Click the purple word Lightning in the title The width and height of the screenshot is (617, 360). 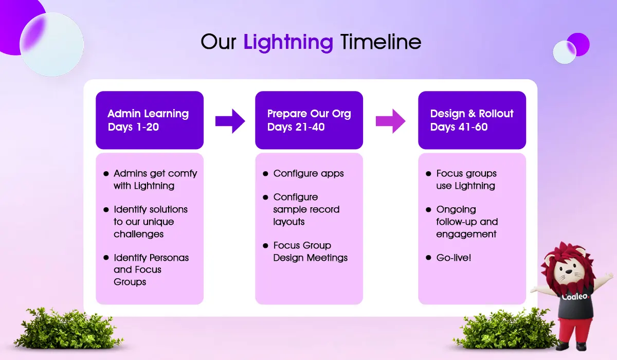(288, 43)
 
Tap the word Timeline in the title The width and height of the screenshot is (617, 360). (380, 42)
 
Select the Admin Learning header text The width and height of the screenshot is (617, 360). (148, 114)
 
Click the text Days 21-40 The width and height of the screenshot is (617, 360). (296, 127)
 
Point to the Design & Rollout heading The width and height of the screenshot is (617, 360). (471, 114)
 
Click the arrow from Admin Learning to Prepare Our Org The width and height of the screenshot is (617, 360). (230, 121)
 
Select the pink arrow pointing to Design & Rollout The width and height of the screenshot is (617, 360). (391, 121)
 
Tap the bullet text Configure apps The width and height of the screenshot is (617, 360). (308, 173)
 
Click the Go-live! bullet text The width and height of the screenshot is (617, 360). (453, 258)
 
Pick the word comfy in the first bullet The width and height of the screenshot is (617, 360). (183, 174)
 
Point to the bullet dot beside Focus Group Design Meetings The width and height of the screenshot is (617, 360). (265, 246)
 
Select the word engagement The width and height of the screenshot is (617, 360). (466, 234)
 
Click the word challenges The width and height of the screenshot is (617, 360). (138, 234)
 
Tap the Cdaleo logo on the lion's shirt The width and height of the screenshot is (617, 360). (575, 296)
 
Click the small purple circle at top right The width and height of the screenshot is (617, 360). (579, 44)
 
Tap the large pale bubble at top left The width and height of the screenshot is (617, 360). (52, 45)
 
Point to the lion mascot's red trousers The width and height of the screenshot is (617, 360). (575, 331)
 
